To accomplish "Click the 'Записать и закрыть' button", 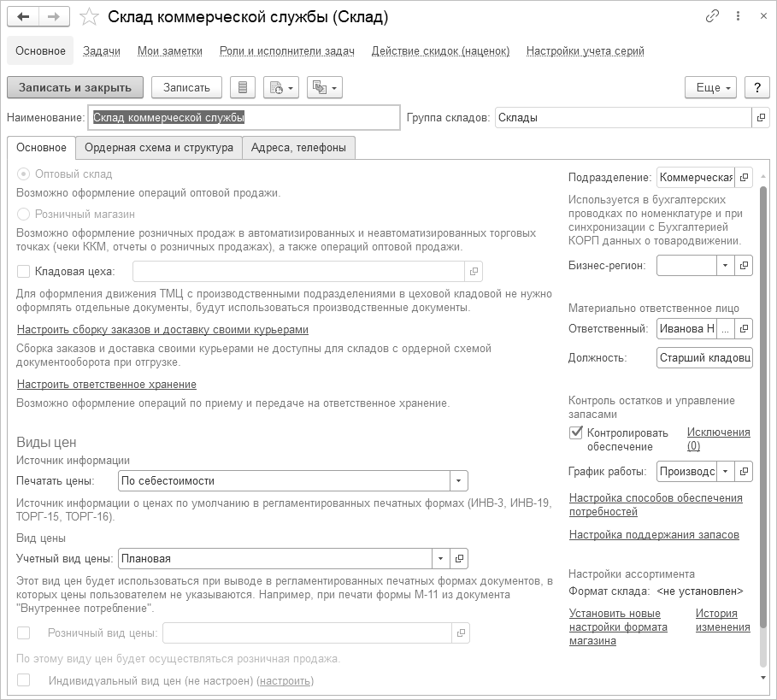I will pyautogui.click(x=75, y=87).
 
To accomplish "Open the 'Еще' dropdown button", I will pyautogui.click(x=710, y=87).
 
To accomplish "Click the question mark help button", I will pyautogui.click(x=756, y=87).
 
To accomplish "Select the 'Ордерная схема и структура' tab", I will pyautogui.click(x=159, y=148).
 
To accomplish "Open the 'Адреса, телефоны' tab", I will pyautogui.click(x=298, y=148).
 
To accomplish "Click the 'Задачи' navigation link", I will pyautogui.click(x=102, y=51).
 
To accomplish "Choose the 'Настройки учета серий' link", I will pyautogui.click(x=585, y=51).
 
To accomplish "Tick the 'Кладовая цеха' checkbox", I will pyautogui.click(x=24, y=272).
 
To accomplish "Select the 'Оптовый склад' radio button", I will pyautogui.click(x=24, y=174).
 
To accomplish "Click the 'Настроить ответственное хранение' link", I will pyautogui.click(x=107, y=385).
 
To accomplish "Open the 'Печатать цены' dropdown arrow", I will pyautogui.click(x=459, y=481).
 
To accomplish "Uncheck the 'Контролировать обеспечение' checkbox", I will pyautogui.click(x=576, y=432).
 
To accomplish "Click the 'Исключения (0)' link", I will pyautogui.click(x=718, y=438).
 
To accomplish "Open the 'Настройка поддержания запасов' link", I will pyautogui.click(x=654, y=535).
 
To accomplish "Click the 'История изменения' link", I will pyautogui.click(x=722, y=621).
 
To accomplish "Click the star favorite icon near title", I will pyautogui.click(x=88, y=17).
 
